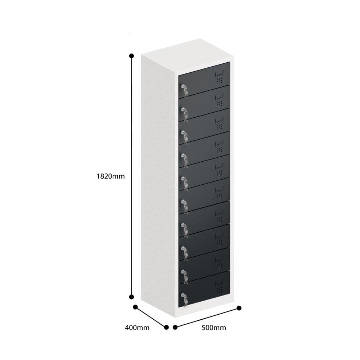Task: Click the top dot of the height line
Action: pyautogui.click(x=131, y=56)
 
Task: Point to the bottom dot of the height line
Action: pyautogui.click(x=131, y=297)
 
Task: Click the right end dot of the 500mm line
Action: pyautogui.click(x=239, y=308)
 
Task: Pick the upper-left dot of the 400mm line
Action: pyautogui.click(x=135, y=307)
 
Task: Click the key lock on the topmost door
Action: pyautogui.click(x=184, y=87)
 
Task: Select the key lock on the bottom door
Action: pyautogui.click(x=184, y=297)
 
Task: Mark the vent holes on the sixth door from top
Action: pyautogui.click(x=219, y=197)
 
